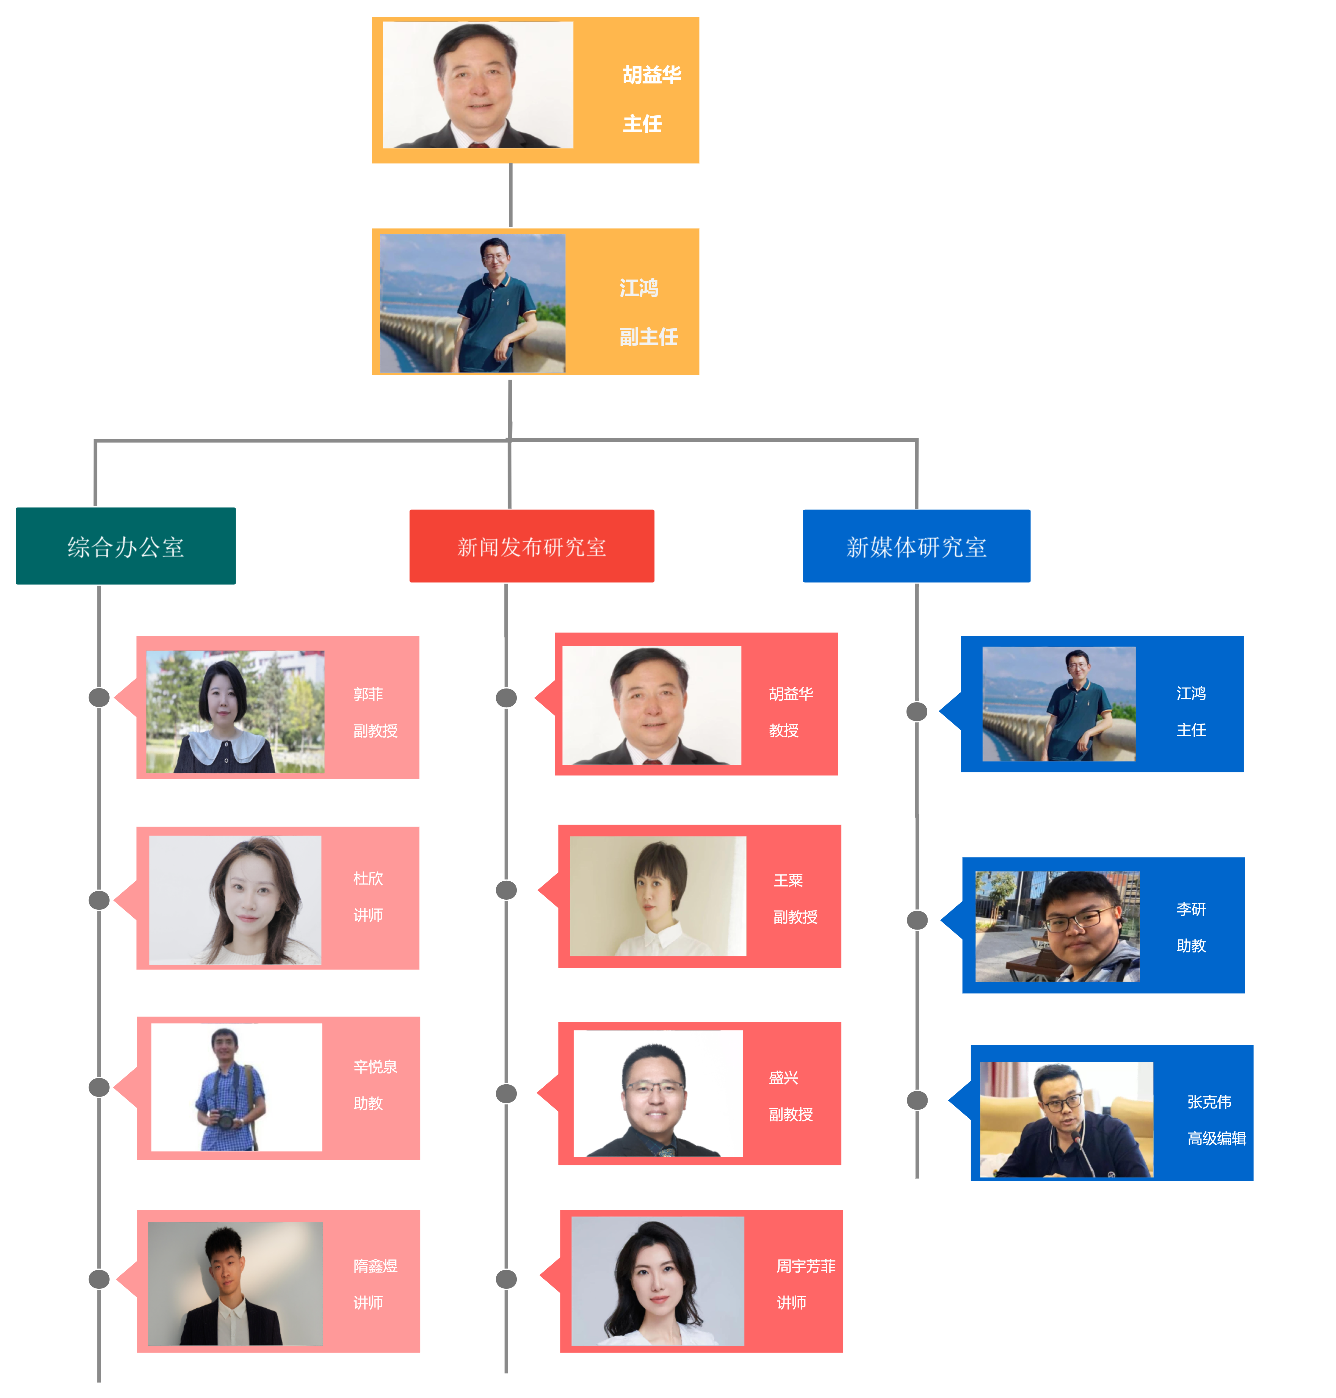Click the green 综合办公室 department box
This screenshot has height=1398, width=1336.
point(125,546)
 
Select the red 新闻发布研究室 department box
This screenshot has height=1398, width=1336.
point(531,546)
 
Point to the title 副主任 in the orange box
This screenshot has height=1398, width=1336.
point(648,336)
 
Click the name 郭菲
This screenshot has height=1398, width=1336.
point(368,694)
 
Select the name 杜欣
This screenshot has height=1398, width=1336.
point(368,878)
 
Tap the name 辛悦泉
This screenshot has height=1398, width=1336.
point(375,1066)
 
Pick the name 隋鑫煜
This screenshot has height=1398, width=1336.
point(375,1266)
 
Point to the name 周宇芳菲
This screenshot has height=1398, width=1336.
point(806,1266)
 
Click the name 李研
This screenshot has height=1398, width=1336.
point(1191,909)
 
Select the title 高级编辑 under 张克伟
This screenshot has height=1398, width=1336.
point(1216,1138)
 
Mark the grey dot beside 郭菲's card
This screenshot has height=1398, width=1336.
point(99,697)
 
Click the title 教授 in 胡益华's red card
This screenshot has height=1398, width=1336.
point(783,730)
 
